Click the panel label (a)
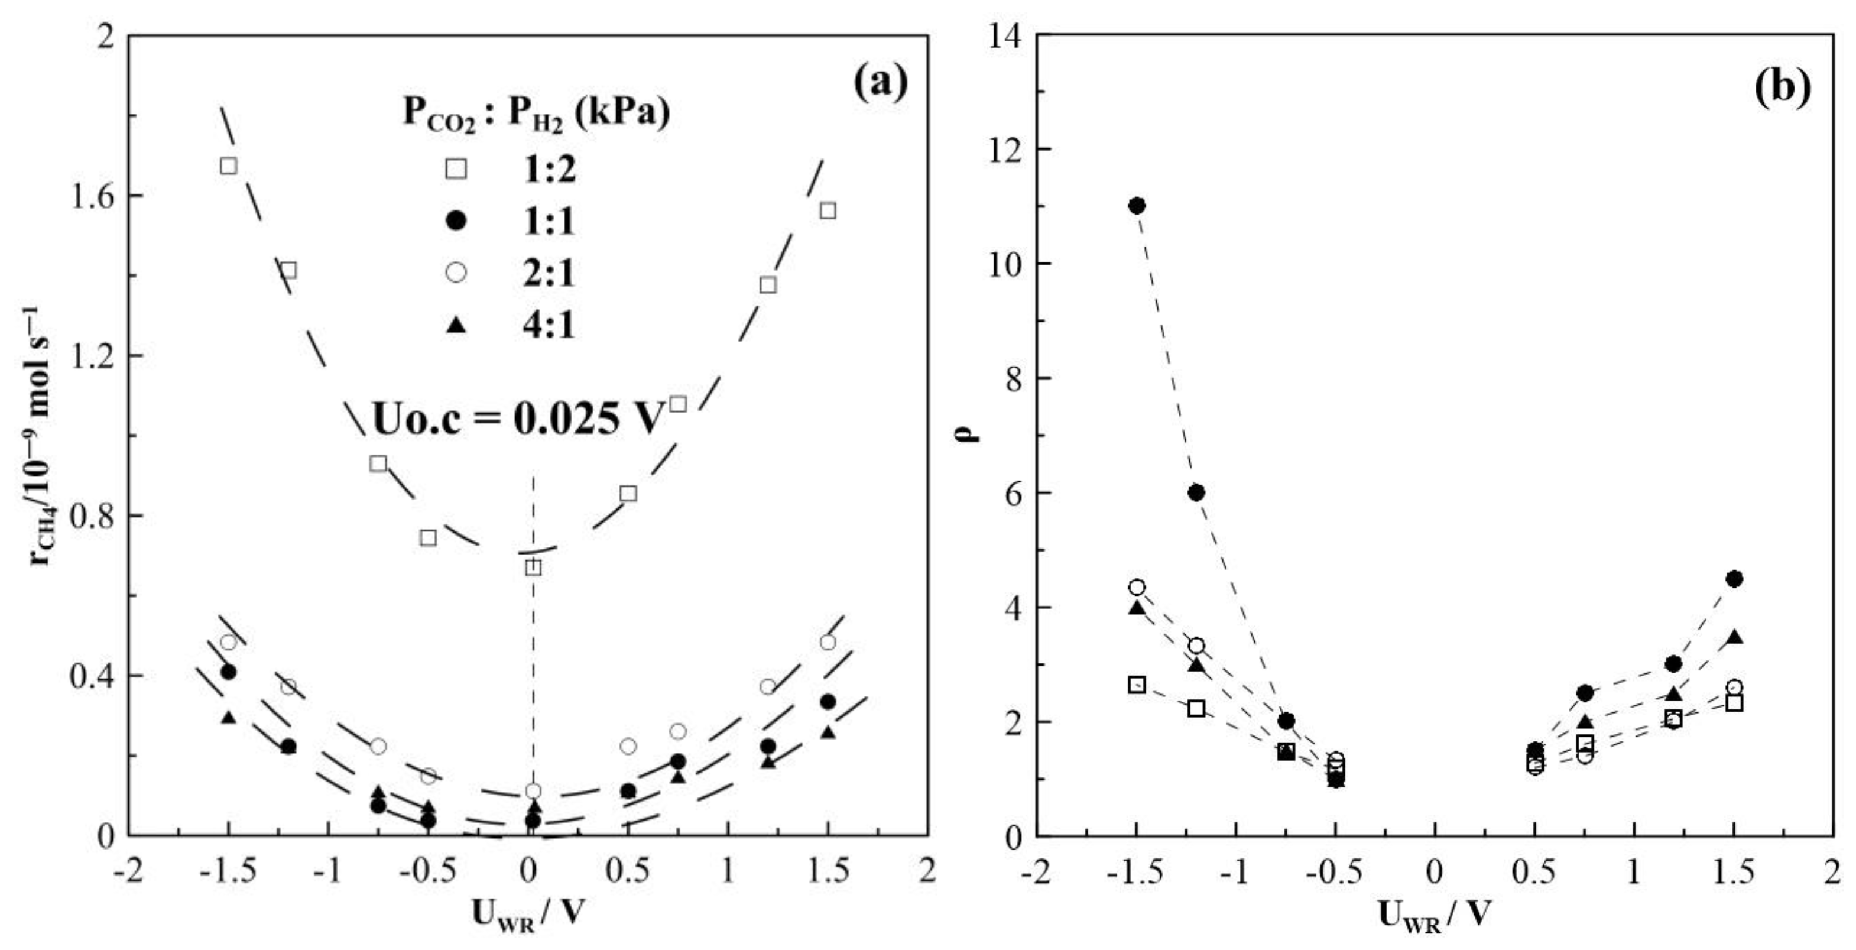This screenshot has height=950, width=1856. [881, 85]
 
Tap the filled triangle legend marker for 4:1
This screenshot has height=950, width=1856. [456, 326]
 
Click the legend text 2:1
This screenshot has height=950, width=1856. [549, 273]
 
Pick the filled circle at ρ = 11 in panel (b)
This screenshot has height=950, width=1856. [1137, 206]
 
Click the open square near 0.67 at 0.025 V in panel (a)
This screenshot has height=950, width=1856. [533, 568]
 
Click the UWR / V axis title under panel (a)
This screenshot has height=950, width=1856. [527, 914]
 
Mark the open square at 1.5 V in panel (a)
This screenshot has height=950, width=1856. [828, 210]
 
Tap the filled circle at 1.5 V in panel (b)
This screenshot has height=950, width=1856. [1734, 579]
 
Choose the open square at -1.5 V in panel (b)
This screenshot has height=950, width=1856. [1137, 685]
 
